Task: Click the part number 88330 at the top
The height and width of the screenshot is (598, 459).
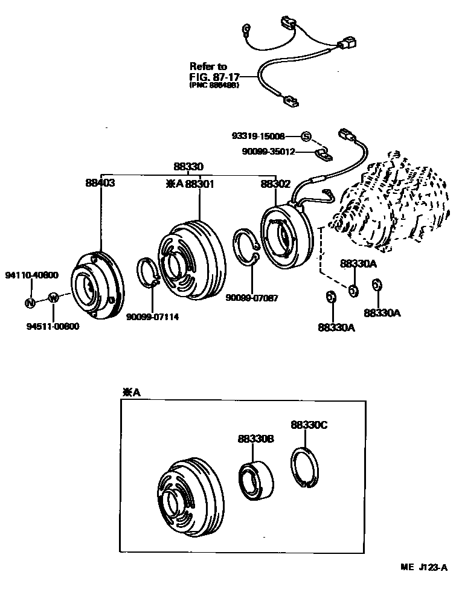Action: point(189,167)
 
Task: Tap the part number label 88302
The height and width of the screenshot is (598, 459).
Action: point(275,183)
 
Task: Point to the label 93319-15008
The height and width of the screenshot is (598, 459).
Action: point(258,137)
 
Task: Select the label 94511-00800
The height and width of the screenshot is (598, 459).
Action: point(53,326)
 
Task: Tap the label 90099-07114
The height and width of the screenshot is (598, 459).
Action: point(152,317)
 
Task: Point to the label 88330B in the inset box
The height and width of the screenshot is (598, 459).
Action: point(255,439)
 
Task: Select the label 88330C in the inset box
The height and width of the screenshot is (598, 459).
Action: point(308,425)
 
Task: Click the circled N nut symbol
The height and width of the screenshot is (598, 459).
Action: point(30,303)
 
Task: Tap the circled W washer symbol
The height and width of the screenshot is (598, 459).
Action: point(53,297)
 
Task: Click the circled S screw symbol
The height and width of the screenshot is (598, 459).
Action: point(306,137)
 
